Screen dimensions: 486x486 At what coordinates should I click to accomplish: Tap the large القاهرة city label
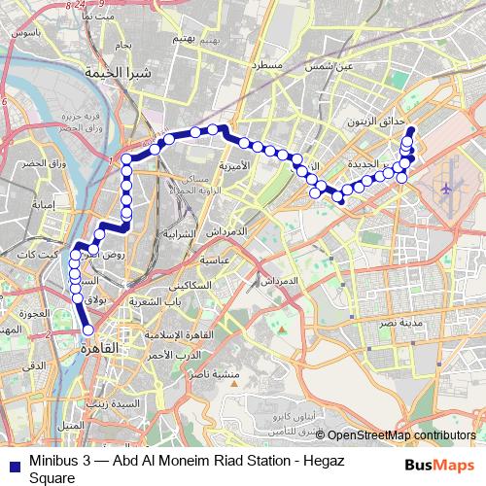click(96, 347)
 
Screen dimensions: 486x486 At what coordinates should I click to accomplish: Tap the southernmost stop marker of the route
click(88, 329)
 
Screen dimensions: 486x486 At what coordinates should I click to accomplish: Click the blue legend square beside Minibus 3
click(11, 465)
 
